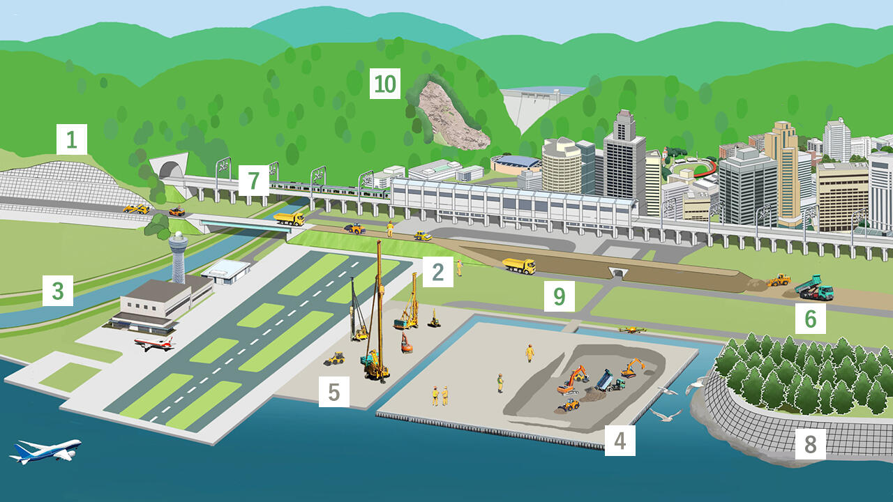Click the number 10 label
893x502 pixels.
[384, 84]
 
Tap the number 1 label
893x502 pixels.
[72, 139]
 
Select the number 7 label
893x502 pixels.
[253, 181]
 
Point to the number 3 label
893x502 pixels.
[57, 290]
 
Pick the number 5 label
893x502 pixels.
[333, 392]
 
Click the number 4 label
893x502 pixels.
[620, 441]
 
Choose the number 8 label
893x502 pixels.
[810, 443]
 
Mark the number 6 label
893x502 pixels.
[810, 319]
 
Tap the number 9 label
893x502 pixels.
[559, 297]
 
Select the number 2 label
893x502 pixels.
[437, 272]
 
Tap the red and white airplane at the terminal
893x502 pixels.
[153, 343]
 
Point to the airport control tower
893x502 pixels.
[179, 254]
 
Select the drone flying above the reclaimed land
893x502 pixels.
[631, 329]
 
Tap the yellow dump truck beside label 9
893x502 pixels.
[519, 266]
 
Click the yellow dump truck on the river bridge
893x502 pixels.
[289, 219]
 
